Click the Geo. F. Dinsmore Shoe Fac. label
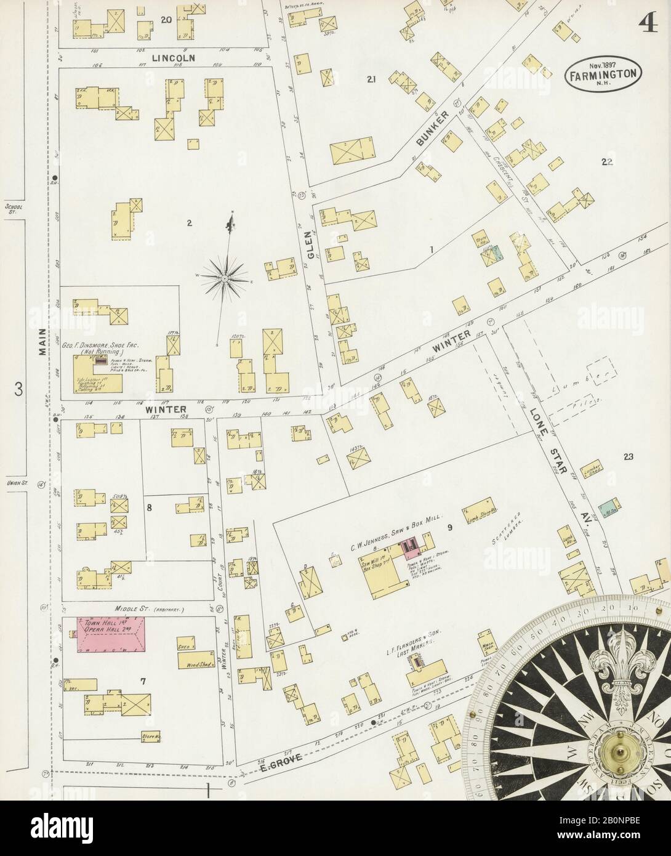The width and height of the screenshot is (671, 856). pos(106,346)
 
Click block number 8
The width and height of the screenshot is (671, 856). pos(148,508)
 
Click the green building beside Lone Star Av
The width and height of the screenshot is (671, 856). pos(606,508)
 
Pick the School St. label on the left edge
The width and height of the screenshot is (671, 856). pos(12,209)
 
